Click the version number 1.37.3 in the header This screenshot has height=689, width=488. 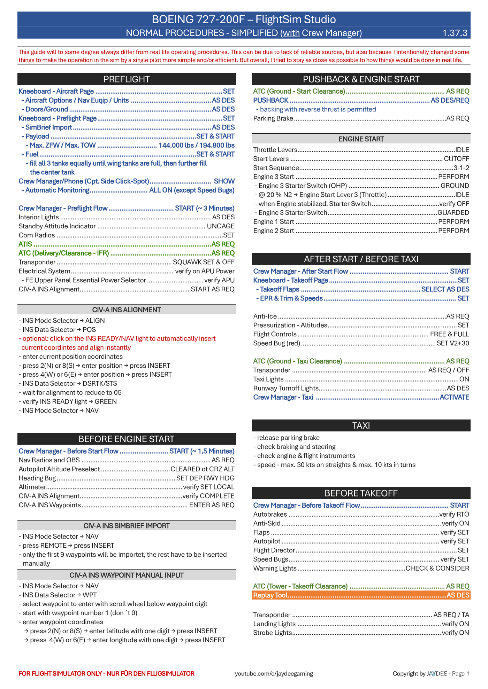click(x=455, y=33)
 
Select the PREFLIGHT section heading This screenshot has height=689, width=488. click(x=127, y=79)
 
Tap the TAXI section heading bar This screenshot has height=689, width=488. click(x=361, y=425)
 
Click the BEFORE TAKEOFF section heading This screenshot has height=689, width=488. click(x=361, y=493)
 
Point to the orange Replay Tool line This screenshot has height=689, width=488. click(x=361, y=595)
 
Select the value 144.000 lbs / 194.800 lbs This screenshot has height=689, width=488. click(x=196, y=145)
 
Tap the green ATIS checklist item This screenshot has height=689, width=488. click(x=25, y=244)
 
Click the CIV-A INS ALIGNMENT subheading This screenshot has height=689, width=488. click(x=127, y=310)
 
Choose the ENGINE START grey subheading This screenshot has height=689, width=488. click(x=361, y=139)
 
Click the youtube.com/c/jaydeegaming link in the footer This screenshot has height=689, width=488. click(x=274, y=673)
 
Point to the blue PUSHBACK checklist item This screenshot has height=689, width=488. click(x=271, y=100)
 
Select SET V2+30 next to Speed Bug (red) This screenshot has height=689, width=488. click(x=453, y=343)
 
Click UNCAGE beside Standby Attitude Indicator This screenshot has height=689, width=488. click(x=221, y=226)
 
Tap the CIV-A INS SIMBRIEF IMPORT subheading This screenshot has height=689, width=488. click(x=127, y=526)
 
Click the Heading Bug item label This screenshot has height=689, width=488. click(x=37, y=478)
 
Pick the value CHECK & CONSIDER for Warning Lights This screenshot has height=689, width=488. click(x=437, y=568)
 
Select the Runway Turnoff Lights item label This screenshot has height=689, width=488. click(x=286, y=388)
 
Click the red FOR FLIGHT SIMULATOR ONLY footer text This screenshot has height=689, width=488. click(x=106, y=673)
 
